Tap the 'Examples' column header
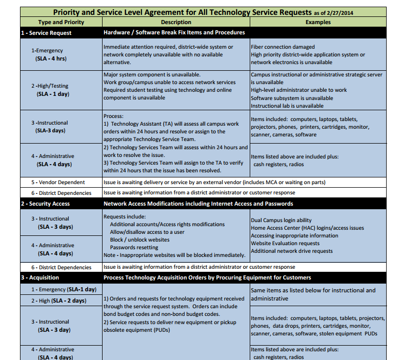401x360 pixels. (318, 22)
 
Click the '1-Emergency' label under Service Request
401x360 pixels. (47, 51)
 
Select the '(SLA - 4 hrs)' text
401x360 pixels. (51, 58)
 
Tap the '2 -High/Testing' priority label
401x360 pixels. (49, 86)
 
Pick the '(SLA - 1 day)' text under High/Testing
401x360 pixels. (53, 94)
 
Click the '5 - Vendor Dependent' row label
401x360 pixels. (58, 182)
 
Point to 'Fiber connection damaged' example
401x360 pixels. (283, 47)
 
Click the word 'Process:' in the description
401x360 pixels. (114, 116)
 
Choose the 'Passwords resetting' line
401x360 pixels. (134, 247)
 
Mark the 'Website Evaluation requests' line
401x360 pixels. (285, 244)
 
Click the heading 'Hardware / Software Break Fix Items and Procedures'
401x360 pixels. (174, 32)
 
